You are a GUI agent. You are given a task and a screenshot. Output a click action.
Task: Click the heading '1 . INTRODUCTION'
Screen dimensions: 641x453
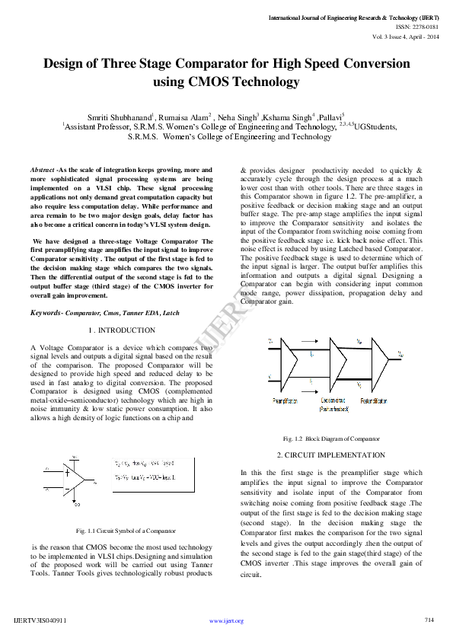pos(122,330)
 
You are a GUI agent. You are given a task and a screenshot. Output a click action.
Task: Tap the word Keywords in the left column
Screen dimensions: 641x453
pos(46,313)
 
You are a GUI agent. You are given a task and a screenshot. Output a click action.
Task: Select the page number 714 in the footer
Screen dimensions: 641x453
pos(429,620)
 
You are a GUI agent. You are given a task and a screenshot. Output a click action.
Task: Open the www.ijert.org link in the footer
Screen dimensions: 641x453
pos(226,621)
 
